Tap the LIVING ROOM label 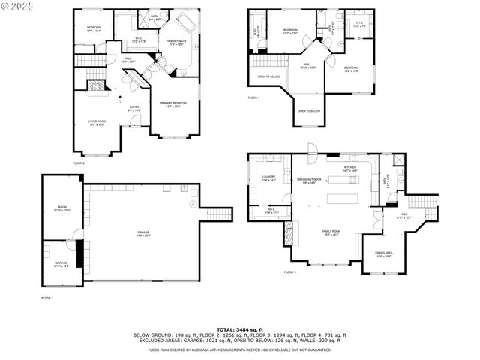pyautogui.click(x=97, y=122)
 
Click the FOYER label pyautogui.click(x=134, y=108)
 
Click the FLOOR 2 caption pyautogui.click(x=79, y=163)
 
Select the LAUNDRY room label pyautogui.click(x=269, y=178)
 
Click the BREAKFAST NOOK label pyautogui.click(x=309, y=180)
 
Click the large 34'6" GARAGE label pyautogui.click(x=142, y=233)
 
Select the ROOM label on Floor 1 pyautogui.click(x=62, y=208)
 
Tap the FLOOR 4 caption pyautogui.click(x=254, y=97)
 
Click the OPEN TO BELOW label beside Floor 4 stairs pyautogui.click(x=268, y=76)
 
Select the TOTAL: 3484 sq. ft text pyautogui.click(x=240, y=329)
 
